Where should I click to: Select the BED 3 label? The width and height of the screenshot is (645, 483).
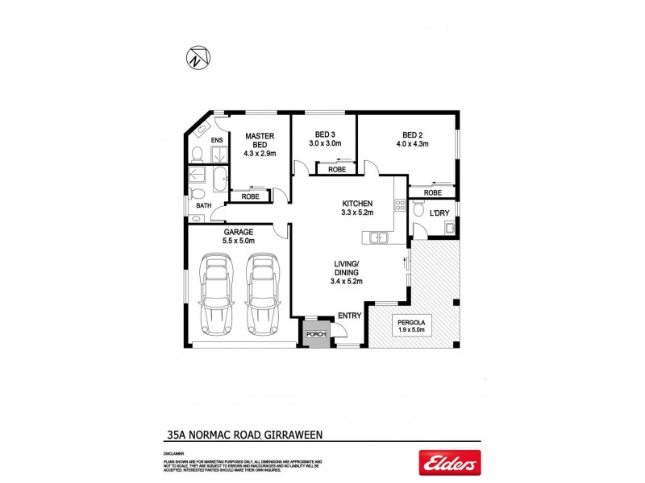pyautogui.click(x=326, y=134)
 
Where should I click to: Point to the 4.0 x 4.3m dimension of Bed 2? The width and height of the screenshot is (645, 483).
pyautogui.click(x=411, y=144)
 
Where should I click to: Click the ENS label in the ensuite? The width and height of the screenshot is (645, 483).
pyautogui.click(x=216, y=141)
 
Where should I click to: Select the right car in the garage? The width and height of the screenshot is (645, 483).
pyautogui.click(x=260, y=295)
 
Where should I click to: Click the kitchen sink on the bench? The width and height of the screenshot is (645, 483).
pyautogui.click(x=376, y=237)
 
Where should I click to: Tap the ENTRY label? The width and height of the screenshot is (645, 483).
pyautogui.click(x=349, y=316)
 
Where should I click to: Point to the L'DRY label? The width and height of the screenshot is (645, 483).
pyautogui.click(x=440, y=212)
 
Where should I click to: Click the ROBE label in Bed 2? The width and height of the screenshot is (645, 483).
pyautogui.click(x=433, y=193)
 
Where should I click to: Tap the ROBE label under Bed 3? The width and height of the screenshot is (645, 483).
pyautogui.click(x=337, y=170)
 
